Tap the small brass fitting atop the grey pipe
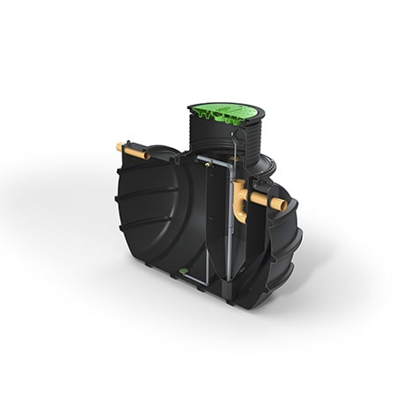pos(203,159)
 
